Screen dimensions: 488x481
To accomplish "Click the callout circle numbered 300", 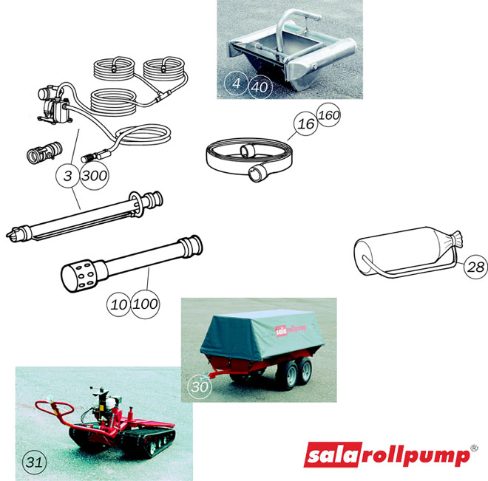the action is [x=95, y=176].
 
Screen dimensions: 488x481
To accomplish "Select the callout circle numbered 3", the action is [x=68, y=176].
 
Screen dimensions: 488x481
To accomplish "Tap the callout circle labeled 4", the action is [x=236, y=83].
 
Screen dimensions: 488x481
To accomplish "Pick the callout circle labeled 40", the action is [x=260, y=87].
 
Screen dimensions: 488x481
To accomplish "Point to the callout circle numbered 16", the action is [x=305, y=124].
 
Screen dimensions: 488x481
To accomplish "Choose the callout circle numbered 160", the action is [x=328, y=115].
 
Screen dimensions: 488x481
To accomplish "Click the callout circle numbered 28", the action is [x=476, y=267].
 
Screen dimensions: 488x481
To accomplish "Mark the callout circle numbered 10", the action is [x=118, y=304].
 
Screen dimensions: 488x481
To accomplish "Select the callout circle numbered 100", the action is [x=145, y=304].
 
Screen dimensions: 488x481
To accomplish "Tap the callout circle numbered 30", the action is [x=200, y=386].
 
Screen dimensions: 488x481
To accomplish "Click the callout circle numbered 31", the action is [x=34, y=462].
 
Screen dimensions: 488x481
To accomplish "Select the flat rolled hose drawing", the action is [x=249, y=160].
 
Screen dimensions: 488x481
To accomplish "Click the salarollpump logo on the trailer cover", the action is [x=291, y=330].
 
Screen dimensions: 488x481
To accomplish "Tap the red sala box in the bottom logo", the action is [x=333, y=454].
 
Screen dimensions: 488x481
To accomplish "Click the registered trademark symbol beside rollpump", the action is [x=474, y=448].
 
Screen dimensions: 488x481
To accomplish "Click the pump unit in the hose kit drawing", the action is [x=53, y=104].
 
